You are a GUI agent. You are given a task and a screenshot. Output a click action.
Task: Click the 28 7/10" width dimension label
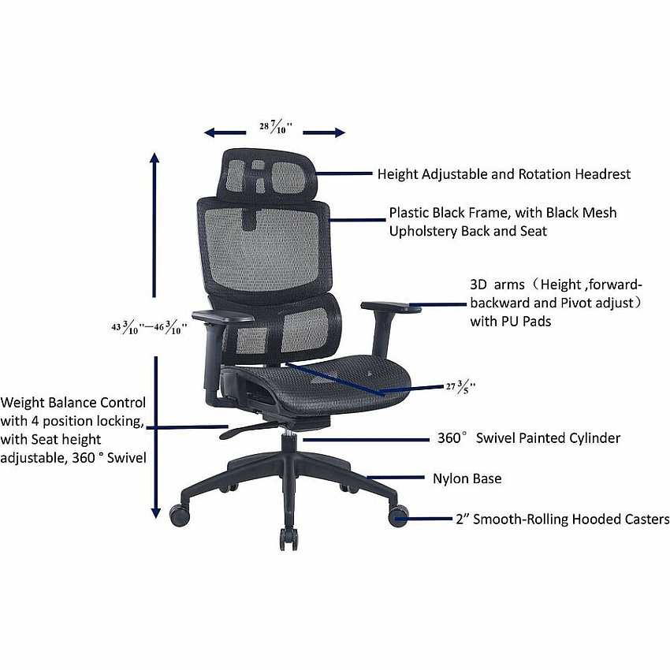click(x=276, y=126)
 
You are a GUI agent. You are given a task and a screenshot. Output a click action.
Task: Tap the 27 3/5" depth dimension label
click(x=460, y=387)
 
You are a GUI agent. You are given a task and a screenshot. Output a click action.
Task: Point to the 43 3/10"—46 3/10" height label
click(x=149, y=327)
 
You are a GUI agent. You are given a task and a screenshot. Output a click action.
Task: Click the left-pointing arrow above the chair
click(x=225, y=132)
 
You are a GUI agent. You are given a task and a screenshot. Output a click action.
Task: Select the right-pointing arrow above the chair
click(x=324, y=132)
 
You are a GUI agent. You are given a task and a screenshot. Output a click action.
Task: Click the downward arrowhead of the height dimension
click(x=155, y=513)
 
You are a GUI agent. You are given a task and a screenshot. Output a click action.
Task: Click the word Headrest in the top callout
click(x=602, y=174)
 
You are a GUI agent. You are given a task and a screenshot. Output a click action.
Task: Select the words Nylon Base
click(x=467, y=478)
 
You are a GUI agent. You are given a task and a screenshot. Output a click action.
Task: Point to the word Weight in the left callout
click(x=22, y=403)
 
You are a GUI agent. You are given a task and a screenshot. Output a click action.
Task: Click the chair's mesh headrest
click(x=267, y=175)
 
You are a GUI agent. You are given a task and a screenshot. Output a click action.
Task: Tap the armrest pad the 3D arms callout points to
click(x=390, y=307)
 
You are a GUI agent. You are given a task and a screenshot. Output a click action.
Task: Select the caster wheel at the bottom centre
click(x=288, y=539)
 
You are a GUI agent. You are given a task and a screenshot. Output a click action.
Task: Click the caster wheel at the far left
click(x=180, y=515)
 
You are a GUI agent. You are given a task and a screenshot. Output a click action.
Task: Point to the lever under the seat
click(x=248, y=430)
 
